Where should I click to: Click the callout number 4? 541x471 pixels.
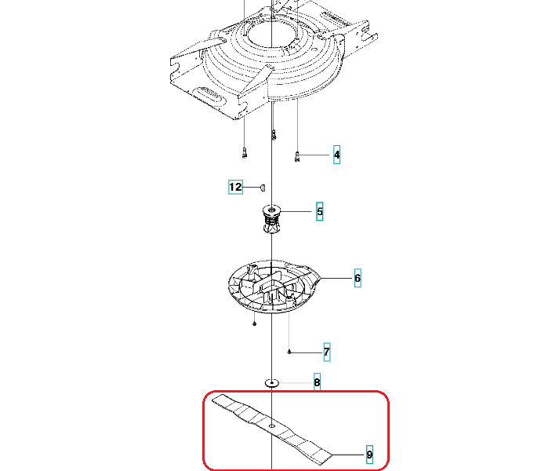336,155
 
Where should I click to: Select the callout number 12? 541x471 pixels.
235,187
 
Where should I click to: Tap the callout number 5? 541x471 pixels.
319,211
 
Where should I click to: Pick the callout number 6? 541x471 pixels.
358,278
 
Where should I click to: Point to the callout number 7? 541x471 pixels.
327,352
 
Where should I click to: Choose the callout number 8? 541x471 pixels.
317,382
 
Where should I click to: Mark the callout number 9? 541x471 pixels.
369,455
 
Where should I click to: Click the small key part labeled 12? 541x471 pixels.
263,188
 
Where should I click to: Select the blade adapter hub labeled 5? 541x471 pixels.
271,219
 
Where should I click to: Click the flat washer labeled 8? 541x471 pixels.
272,383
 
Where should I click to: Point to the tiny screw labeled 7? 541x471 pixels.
289,352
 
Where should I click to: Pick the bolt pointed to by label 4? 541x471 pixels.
297,157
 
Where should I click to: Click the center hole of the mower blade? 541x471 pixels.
272,426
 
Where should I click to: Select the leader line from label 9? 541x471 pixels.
347,455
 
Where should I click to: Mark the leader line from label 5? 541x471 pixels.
296,211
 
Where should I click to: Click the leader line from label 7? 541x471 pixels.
306,352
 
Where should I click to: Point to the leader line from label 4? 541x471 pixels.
314,155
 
